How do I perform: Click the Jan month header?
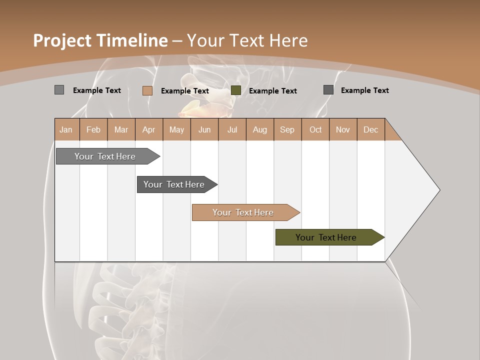coord(66,129)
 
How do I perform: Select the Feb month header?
coord(93,129)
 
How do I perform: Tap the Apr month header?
coord(149,129)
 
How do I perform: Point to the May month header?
coord(176,129)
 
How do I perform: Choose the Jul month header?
coord(232,129)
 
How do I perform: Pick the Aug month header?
coord(260,129)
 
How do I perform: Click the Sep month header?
coord(287,129)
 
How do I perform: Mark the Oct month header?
coord(315,129)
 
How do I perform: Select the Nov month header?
coord(343,129)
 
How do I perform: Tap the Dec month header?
coord(370,129)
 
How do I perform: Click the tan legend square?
coord(147,90)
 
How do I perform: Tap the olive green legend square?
coord(236,90)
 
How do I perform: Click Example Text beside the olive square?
coord(272,90)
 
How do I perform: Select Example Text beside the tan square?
coord(184,90)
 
